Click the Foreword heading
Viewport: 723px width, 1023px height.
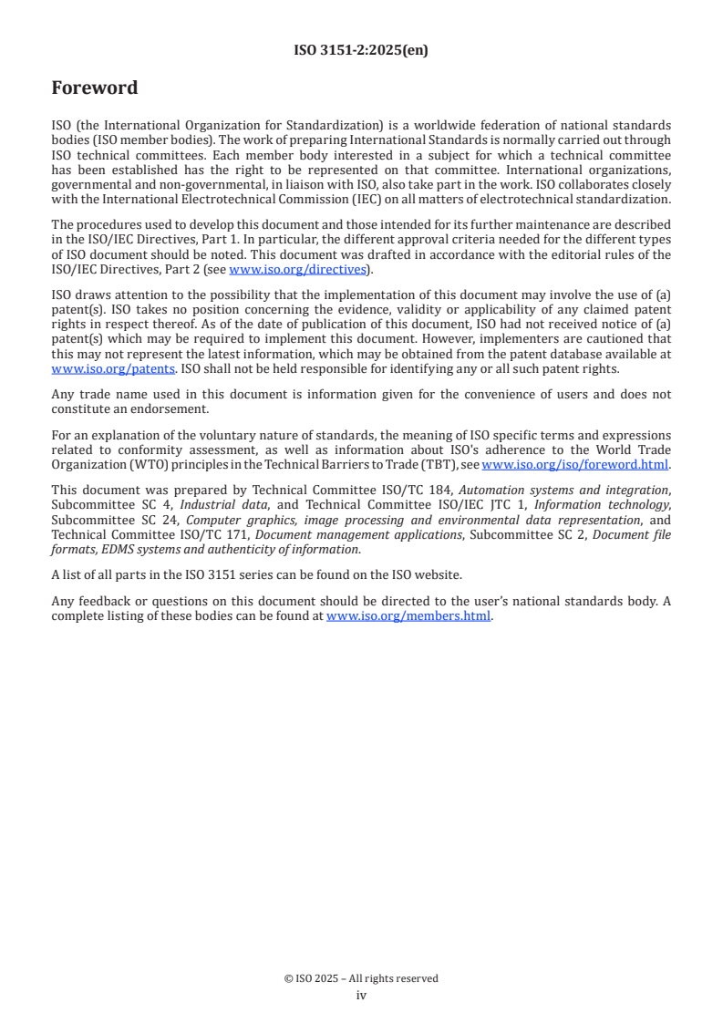tap(94, 88)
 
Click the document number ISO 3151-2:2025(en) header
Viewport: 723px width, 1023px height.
tap(361, 51)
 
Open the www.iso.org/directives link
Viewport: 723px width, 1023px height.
tap(297, 269)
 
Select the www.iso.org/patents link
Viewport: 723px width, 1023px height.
tap(113, 368)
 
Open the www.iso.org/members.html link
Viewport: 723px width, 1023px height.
tap(408, 615)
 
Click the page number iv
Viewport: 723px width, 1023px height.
tap(361, 995)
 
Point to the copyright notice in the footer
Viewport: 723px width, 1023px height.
tap(361, 978)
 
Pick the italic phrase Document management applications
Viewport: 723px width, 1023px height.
tap(358, 534)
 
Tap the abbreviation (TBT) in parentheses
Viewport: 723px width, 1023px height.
tap(444, 464)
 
